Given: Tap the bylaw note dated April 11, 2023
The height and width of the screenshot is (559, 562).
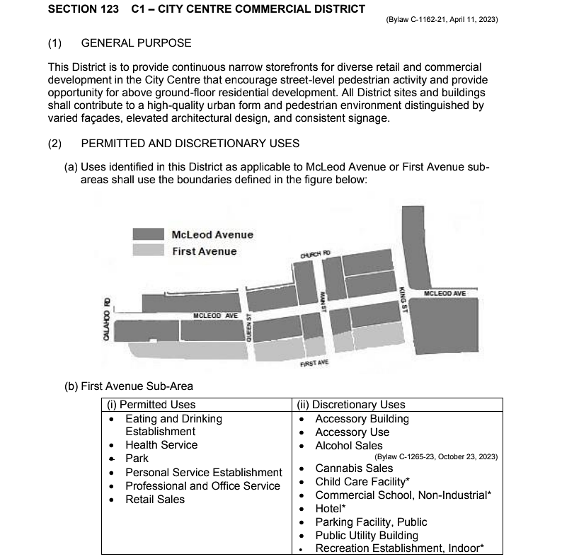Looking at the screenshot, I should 442,20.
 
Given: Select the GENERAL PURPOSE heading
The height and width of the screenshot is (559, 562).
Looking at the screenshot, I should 136,43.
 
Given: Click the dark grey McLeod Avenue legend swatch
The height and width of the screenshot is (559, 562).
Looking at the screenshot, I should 149,234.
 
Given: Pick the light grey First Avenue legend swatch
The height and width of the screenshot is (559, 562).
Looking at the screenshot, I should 149,250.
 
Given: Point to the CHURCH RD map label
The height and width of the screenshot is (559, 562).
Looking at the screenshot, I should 315,254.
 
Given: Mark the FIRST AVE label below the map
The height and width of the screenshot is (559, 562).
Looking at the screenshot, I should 315,363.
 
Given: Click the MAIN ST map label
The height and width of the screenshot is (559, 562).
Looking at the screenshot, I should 322,301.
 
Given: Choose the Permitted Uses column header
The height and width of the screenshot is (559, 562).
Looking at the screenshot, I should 150,405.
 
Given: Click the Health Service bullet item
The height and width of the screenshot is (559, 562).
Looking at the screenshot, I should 161,445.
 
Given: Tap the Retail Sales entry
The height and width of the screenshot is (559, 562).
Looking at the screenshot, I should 155,500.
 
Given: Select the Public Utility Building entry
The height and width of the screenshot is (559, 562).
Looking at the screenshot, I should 367,536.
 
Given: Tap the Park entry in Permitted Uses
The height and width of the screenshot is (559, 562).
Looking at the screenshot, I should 137,459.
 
